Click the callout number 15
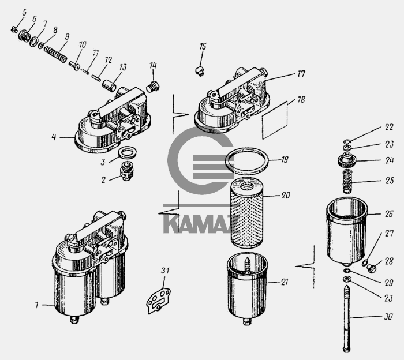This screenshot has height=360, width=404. click(x=203, y=47)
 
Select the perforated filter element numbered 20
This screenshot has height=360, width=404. click(x=247, y=213)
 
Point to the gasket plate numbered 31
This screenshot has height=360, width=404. click(x=158, y=301)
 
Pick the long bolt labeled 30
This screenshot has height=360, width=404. click(x=347, y=319)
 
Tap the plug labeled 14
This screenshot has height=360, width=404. click(x=153, y=87)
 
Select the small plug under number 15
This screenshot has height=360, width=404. click(x=200, y=71)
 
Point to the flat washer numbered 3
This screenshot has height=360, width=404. click(x=127, y=153)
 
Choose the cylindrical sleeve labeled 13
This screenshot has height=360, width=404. click(x=109, y=85)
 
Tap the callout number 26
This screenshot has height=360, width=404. click(x=389, y=213)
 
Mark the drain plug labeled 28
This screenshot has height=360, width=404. click(x=371, y=268)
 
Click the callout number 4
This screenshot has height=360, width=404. click(x=54, y=137)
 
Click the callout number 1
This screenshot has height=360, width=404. click(x=37, y=305)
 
